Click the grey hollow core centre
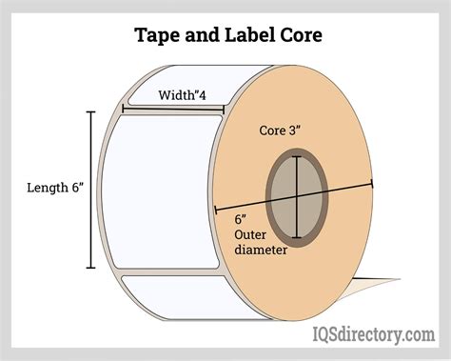[x=297, y=198]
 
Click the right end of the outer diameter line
[x=372, y=184]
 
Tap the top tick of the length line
[x=90, y=112]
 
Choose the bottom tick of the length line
[x=90, y=269]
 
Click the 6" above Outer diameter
[x=240, y=219]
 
